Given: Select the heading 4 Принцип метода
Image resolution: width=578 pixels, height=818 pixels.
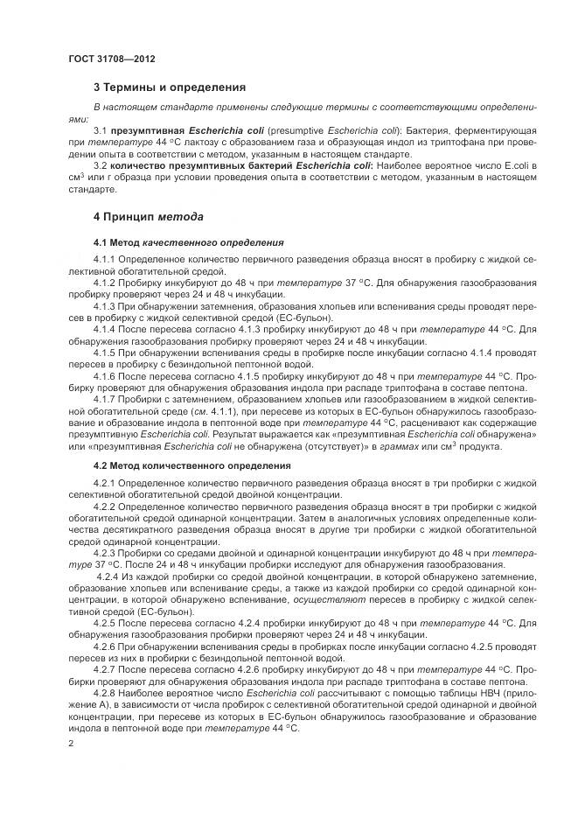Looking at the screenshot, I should point(149,216).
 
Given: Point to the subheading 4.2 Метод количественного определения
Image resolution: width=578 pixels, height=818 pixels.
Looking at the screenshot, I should point(181,465).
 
